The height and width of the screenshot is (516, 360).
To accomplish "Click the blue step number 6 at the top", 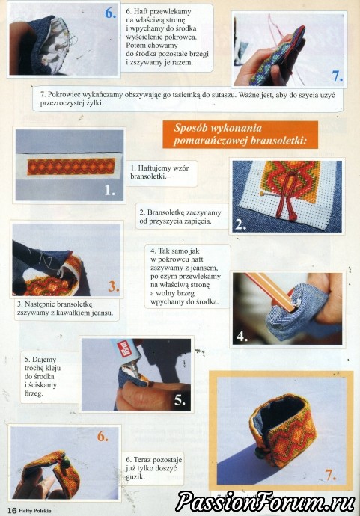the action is (111, 13).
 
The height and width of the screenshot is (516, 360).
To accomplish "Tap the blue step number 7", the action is (338, 76).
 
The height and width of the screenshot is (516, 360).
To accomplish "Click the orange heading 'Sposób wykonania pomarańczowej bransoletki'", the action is (240, 135).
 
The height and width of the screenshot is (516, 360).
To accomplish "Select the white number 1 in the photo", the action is (110, 190).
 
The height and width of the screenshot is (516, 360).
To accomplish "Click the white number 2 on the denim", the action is (241, 224).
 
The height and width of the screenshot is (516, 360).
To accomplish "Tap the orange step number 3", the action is (114, 286).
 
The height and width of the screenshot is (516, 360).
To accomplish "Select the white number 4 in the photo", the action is (242, 337).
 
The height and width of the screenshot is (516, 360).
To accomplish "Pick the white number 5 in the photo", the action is (180, 400).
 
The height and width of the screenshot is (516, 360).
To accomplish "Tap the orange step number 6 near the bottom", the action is (103, 437).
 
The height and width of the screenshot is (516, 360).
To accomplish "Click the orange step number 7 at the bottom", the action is (330, 475).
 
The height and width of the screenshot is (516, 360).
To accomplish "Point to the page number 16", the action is (12, 510).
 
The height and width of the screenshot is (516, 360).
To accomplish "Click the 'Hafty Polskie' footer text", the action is (35, 511).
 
